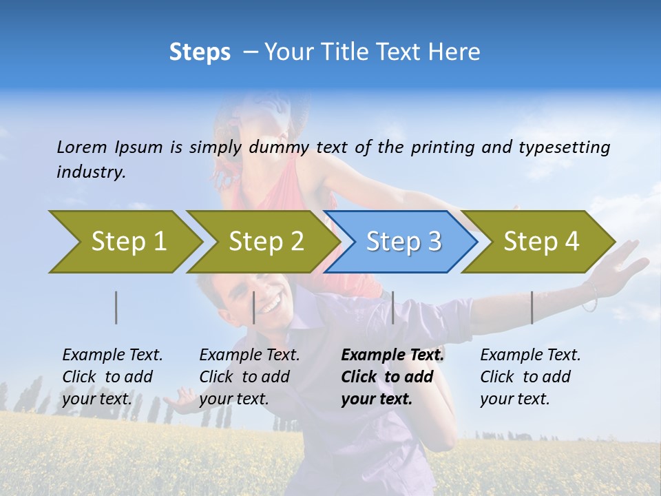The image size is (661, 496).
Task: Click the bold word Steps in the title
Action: point(200,52)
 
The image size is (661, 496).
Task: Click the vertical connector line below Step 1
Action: point(116,307)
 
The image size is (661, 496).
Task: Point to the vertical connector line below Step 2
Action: point(254,307)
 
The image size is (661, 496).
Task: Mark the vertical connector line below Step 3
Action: point(392,307)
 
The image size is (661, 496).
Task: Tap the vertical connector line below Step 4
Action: point(532,307)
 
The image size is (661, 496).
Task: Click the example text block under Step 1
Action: point(112,377)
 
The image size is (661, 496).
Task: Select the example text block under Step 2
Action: point(249,377)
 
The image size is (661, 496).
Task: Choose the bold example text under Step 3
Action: point(392,377)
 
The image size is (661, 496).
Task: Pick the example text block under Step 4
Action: point(530,377)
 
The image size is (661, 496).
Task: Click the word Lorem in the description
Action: point(82,147)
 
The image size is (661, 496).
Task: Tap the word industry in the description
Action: point(91,172)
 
